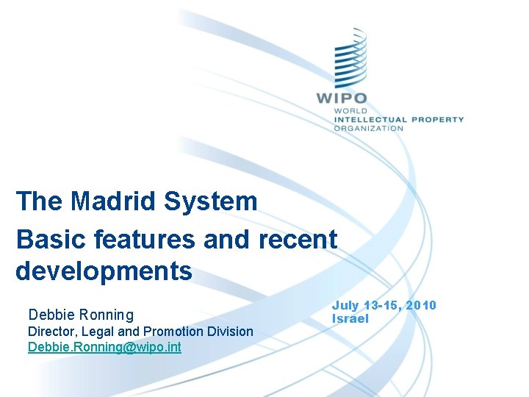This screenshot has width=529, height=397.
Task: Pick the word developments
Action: point(104,271)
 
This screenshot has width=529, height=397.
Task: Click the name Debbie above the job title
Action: point(49,315)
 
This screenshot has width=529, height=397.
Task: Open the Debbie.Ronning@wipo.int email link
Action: point(104,346)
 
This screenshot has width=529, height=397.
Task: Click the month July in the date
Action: point(345,305)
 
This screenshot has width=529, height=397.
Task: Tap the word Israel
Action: point(350,318)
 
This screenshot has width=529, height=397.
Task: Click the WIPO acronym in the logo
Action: point(342,98)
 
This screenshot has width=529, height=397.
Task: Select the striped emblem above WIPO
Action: point(350,59)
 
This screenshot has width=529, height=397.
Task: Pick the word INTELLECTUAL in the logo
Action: point(370,119)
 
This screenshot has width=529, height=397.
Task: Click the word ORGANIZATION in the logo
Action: point(369,128)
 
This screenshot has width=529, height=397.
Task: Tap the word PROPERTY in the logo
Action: point(438,119)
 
